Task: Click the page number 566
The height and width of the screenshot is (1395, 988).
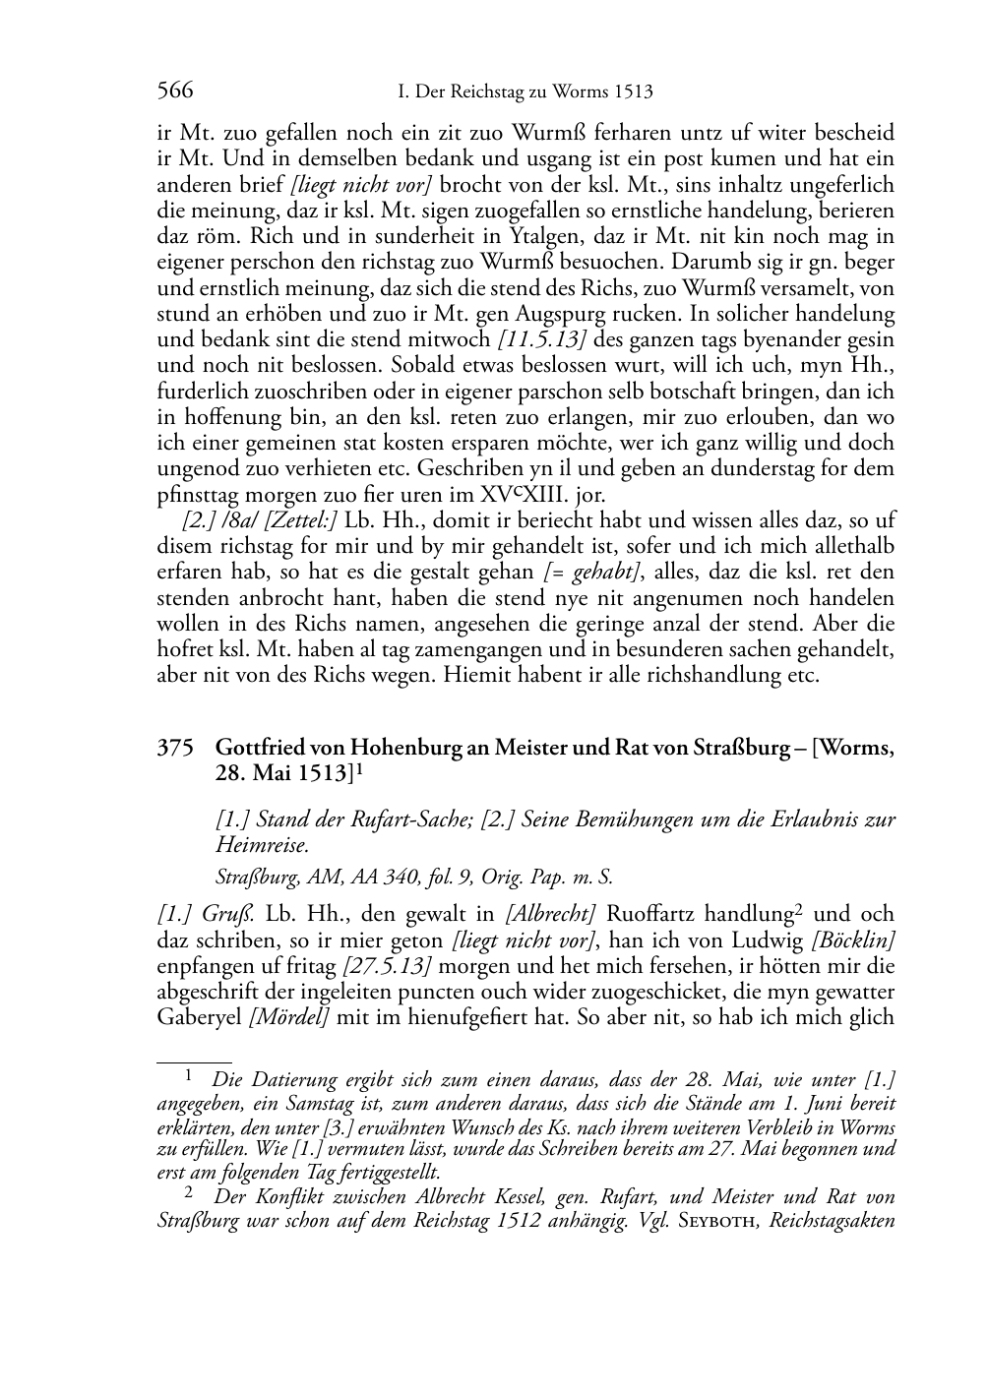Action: [175, 92]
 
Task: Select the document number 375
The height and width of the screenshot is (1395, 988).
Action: [174, 749]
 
